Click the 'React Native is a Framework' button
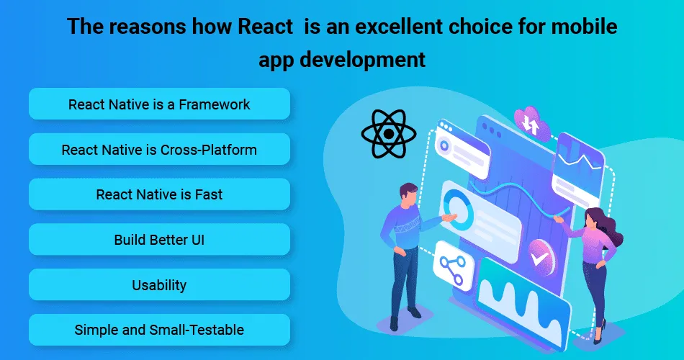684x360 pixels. pos(159,104)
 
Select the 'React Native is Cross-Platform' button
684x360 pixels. pos(159,149)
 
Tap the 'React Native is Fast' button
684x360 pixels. pos(159,194)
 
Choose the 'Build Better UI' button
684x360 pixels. pos(159,240)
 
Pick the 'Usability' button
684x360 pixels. pos(159,284)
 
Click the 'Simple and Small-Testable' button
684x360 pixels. pos(159,330)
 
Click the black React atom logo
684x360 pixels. pos(389,133)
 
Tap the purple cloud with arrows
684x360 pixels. pos(532,124)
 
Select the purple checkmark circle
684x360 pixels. pos(541,258)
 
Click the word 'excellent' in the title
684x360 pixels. pos(399,26)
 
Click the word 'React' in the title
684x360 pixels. pos(265,26)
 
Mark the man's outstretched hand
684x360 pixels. pos(449,217)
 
